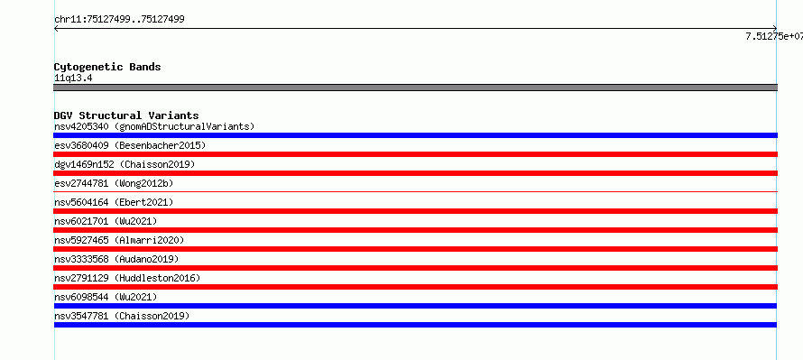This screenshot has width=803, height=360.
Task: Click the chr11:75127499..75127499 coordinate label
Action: click(119, 20)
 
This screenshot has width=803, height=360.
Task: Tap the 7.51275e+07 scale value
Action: click(774, 36)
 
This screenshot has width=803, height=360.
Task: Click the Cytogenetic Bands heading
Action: click(107, 67)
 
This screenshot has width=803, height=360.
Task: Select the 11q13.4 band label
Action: click(73, 78)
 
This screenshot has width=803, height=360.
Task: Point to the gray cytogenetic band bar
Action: click(415, 88)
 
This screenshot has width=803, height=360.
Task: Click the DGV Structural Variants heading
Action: click(126, 115)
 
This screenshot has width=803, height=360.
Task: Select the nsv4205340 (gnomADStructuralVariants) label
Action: click(154, 126)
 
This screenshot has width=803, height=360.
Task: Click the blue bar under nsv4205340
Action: click(415, 135)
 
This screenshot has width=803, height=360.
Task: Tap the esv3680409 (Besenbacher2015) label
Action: click(130, 145)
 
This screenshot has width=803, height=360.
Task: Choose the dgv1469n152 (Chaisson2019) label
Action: click(125, 164)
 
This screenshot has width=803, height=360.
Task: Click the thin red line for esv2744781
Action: click(415, 192)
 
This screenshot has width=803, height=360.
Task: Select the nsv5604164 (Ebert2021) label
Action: click(114, 202)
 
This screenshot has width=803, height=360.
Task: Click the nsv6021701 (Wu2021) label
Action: click(106, 221)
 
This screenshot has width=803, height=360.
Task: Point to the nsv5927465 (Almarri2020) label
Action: click(119, 240)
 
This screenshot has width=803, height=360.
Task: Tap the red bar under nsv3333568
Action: click(415, 268)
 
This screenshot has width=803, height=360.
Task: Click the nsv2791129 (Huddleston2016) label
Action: click(127, 278)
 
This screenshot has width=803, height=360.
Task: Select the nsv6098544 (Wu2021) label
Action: click(106, 297)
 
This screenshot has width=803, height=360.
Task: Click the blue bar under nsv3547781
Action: click(415, 325)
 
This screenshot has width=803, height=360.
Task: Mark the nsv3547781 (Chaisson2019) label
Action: click(122, 316)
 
